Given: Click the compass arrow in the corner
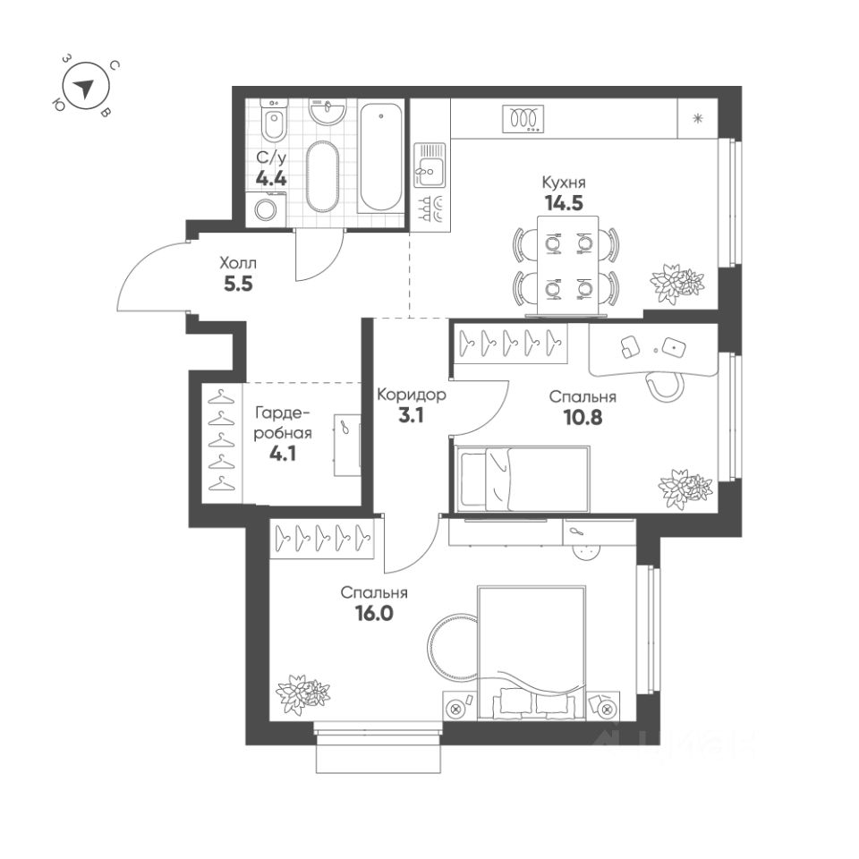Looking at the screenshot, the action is coord(85,88).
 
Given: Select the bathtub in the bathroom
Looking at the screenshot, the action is coord(382,157).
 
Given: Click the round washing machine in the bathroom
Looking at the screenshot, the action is coord(267,210).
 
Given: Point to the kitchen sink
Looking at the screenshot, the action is coord(429,165).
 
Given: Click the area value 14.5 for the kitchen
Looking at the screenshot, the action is coord(562,202).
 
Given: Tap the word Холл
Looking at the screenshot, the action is coord(239,264).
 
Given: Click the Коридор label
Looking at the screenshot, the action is coord(412,395).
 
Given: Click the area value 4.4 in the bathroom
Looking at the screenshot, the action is coord(271,177).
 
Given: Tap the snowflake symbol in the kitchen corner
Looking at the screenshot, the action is coord(697,117).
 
